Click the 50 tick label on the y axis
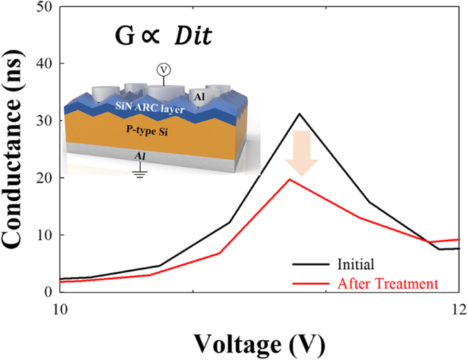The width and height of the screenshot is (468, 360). (45, 7)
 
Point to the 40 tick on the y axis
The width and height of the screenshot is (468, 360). (45, 64)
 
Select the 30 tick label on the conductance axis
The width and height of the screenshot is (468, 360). (45, 120)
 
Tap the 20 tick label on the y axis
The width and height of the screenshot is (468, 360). (45, 178)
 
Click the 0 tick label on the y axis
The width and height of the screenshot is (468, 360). (50, 292)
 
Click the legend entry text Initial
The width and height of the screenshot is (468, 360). (355, 262)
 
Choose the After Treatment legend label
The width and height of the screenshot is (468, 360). (387, 282)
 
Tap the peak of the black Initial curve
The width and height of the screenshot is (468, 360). (299, 113)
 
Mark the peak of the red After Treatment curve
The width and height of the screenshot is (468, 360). (290, 179)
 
